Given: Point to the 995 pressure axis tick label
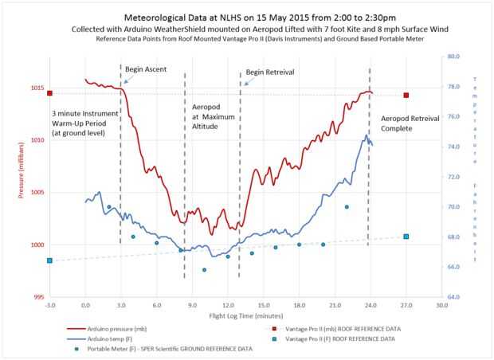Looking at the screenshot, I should (37, 297).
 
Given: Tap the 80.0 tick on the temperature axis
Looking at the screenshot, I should (452, 57).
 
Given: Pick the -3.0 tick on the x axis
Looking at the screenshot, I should (49, 305).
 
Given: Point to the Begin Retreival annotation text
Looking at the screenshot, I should (269, 72).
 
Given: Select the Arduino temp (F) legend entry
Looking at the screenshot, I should (117, 338).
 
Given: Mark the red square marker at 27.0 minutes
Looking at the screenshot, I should (406, 96).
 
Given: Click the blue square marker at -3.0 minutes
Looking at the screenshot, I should (49, 260).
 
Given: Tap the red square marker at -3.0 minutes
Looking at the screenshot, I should (49, 93).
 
